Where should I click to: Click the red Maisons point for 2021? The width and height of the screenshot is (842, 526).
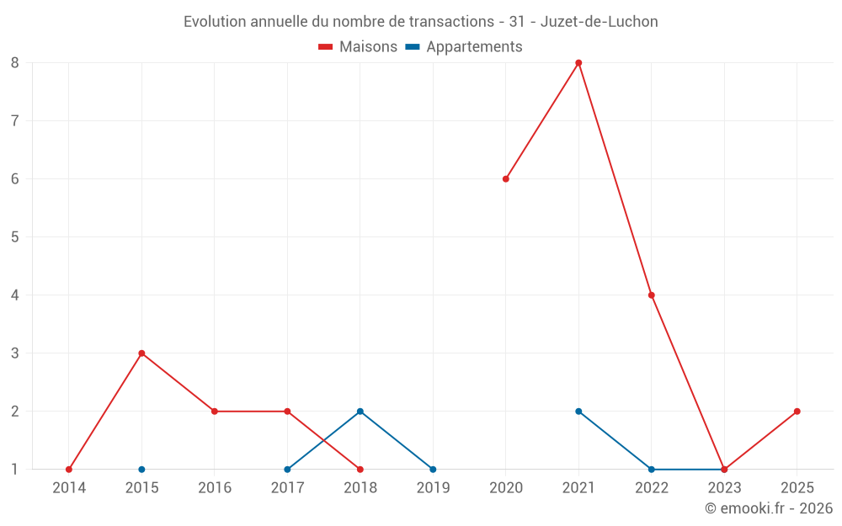(x=578, y=62)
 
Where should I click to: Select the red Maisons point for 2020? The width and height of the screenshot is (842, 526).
(x=506, y=178)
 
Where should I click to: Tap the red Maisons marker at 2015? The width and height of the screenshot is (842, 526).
(x=141, y=353)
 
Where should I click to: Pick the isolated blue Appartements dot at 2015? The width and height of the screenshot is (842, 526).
(x=141, y=470)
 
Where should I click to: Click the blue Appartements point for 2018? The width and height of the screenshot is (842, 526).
(x=360, y=412)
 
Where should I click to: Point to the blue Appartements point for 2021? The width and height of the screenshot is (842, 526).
(x=578, y=412)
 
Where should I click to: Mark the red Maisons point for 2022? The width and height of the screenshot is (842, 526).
(x=652, y=295)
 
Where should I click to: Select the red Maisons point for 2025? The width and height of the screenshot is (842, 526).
(x=797, y=412)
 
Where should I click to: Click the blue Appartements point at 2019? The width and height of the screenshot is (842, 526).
(x=433, y=470)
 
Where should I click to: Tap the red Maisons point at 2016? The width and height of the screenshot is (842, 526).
(x=215, y=412)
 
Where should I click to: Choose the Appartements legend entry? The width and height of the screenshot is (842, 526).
(x=464, y=47)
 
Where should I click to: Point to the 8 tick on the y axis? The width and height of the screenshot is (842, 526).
(x=15, y=62)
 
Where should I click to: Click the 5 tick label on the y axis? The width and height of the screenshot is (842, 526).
(x=15, y=236)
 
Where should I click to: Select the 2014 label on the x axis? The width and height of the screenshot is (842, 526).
(x=68, y=487)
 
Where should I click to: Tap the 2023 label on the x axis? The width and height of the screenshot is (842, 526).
(x=724, y=487)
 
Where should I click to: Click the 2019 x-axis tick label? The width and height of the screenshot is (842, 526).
(x=433, y=487)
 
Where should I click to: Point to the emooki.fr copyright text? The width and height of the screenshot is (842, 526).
(x=768, y=508)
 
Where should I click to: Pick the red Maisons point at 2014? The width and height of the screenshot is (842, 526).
(x=69, y=470)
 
